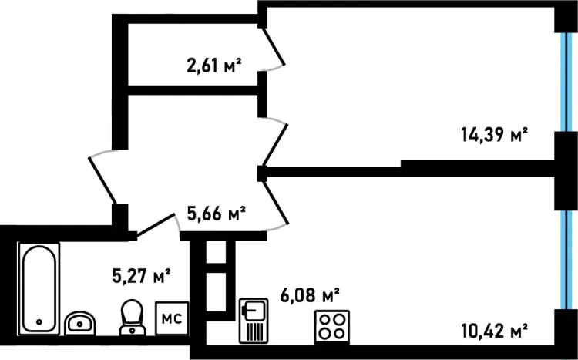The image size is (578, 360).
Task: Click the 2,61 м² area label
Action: [x=214, y=66]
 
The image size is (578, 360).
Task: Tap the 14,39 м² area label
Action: [x=494, y=135]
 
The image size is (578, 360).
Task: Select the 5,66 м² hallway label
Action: [x=217, y=214]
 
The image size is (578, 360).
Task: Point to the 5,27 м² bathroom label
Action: [x=141, y=275]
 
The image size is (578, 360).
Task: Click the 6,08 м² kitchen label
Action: [x=310, y=295]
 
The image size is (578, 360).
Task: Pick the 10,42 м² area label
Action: [x=494, y=331]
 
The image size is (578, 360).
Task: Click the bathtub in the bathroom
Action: [x=39, y=288]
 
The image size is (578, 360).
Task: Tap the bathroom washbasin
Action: [x=80, y=323]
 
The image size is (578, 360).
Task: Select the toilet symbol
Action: [x=133, y=317]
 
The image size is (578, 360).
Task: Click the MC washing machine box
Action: [x=172, y=318]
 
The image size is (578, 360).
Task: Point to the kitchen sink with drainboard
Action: [x=254, y=321]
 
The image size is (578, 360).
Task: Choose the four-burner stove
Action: [x=332, y=327]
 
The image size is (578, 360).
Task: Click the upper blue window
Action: [x=564, y=82]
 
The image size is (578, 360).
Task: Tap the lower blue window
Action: [x=564, y=259]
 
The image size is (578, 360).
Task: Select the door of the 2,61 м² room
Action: [x=273, y=46]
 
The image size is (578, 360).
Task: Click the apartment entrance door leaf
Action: [x=102, y=180]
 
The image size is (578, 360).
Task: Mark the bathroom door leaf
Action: [x=155, y=224]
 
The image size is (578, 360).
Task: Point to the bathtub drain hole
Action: [x=39, y=322]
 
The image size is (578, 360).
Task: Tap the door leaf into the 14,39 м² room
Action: [x=275, y=145]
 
